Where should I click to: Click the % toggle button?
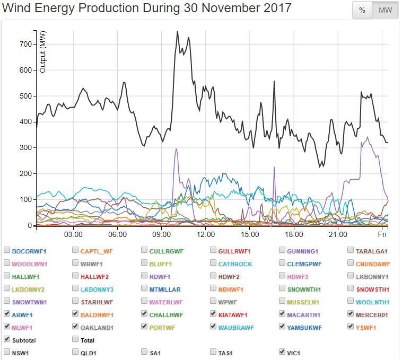[362, 11]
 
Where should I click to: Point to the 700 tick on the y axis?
[25, 44]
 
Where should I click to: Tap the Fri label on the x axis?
[382, 234]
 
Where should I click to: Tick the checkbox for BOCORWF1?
[7, 250]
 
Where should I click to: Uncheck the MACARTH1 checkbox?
[283, 314]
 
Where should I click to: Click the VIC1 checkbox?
[283, 352]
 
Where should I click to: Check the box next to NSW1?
[7, 352]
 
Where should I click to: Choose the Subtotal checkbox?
[7, 339]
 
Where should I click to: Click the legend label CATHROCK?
[235, 264]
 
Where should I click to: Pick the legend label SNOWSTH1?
[372, 289]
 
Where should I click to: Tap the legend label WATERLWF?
[166, 302]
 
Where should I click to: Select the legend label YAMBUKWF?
[304, 327]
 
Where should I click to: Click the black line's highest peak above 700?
[177, 31]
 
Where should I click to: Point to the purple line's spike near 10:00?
[176, 149]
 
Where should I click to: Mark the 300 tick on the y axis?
[25, 147]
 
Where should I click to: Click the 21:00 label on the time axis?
[338, 234]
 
